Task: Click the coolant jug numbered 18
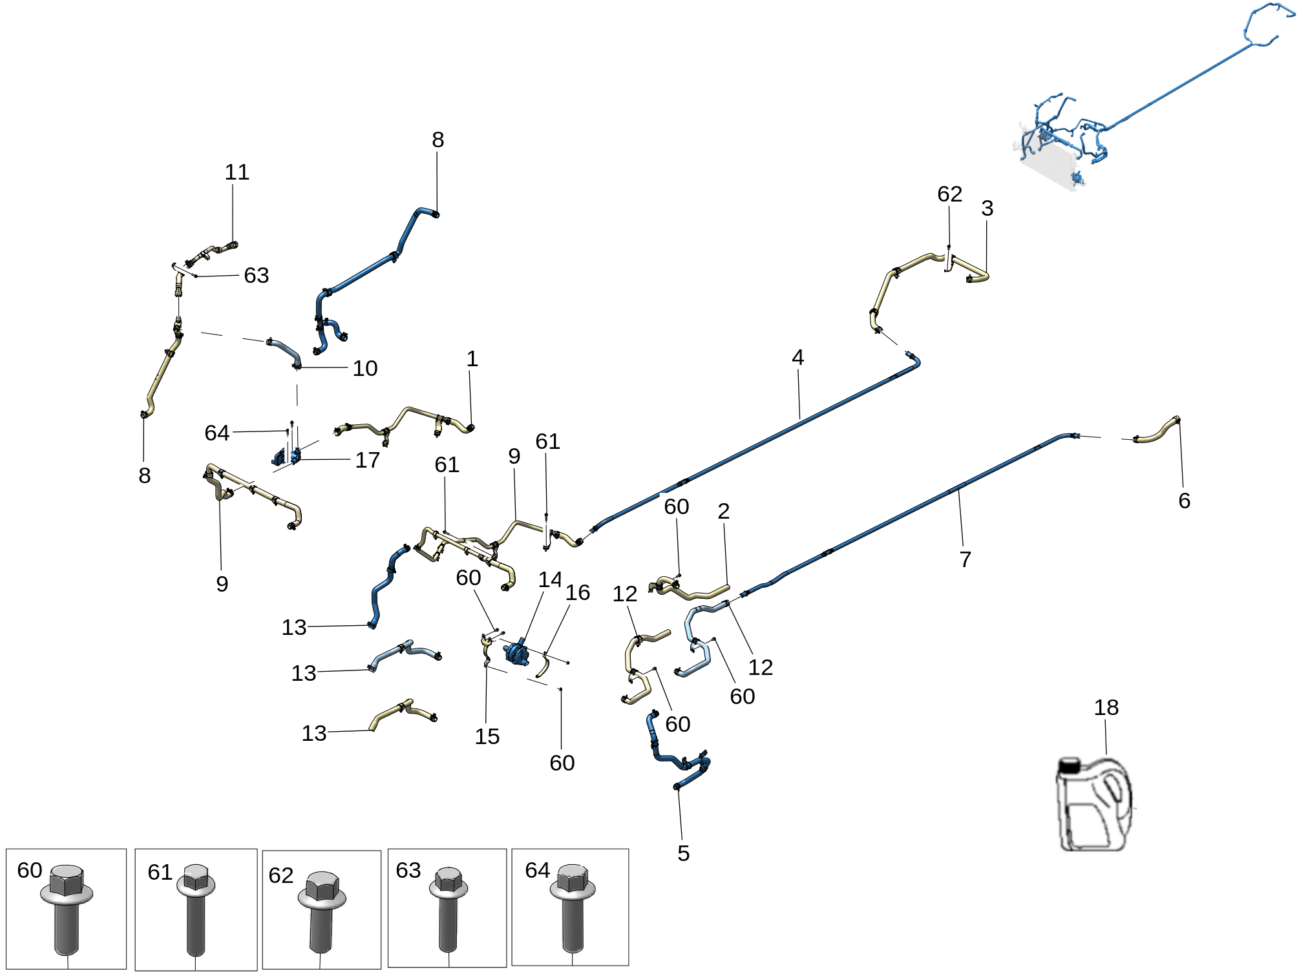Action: pos(1095,807)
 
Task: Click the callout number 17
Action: pos(368,460)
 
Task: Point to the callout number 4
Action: pos(797,357)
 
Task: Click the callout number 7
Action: pos(965,559)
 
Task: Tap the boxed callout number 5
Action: pos(683,853)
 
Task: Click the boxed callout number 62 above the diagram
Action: pos(949,194)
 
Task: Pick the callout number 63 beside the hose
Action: pos(256,276)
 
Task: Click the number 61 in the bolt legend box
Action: pos(160,873)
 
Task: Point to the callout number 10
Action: pos(364,368)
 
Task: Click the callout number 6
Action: pos(1184,501)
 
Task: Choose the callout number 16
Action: pos(577,593)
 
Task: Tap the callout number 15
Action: pos(487,736)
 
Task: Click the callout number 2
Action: pos(723,511)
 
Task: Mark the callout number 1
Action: pos(472,359)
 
